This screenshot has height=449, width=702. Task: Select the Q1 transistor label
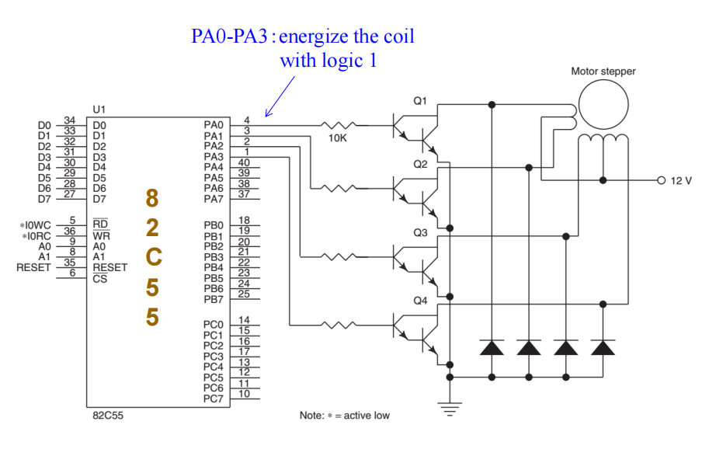click(420, 103)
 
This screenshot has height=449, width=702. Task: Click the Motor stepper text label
click(603, 71)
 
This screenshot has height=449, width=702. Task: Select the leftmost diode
click(492, 347)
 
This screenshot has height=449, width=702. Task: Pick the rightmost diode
click(603, 347)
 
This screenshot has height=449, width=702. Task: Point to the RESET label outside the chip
click(33, 266)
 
